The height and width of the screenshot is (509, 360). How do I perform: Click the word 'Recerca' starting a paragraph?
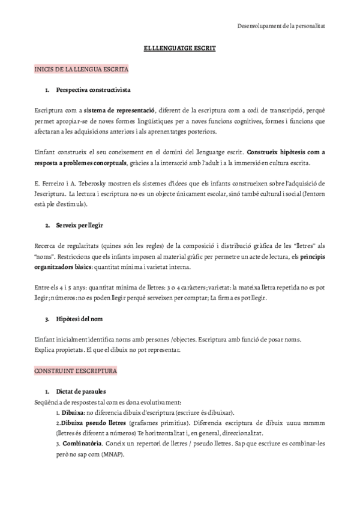tap(46, 245)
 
